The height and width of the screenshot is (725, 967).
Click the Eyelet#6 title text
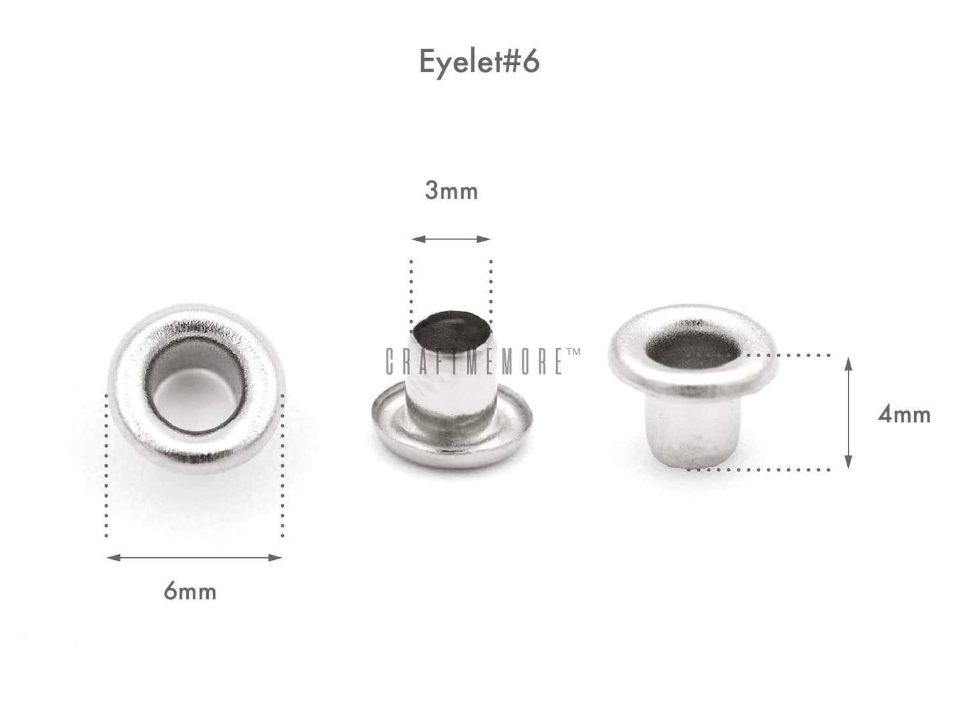[479, 62]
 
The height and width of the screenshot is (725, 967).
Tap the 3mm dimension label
[451, 191]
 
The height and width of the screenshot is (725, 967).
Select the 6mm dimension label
[190, 591]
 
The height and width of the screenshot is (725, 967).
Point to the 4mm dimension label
[904, 415]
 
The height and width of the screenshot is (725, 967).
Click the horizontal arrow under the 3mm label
[451, 239]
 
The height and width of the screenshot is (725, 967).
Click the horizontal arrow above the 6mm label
[194, 557]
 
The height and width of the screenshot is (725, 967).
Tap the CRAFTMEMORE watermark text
[475, 361]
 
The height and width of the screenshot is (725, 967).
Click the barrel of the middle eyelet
[451, 395]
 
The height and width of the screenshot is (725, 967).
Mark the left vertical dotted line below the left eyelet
[107, 468]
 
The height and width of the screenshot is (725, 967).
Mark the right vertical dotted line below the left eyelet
[283, 468]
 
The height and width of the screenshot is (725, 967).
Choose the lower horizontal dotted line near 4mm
[763, 470]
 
